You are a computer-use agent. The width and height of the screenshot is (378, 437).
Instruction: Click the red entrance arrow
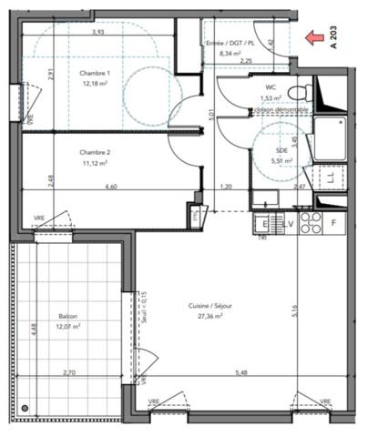[316, 37]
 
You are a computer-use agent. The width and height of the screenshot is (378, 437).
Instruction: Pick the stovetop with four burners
[310, 223]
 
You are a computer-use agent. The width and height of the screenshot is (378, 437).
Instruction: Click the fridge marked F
[334, 223]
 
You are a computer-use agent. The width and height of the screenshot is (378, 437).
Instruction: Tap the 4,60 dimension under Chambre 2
[111, 188]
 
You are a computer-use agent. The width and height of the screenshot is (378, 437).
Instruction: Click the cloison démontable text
[281, 111]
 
